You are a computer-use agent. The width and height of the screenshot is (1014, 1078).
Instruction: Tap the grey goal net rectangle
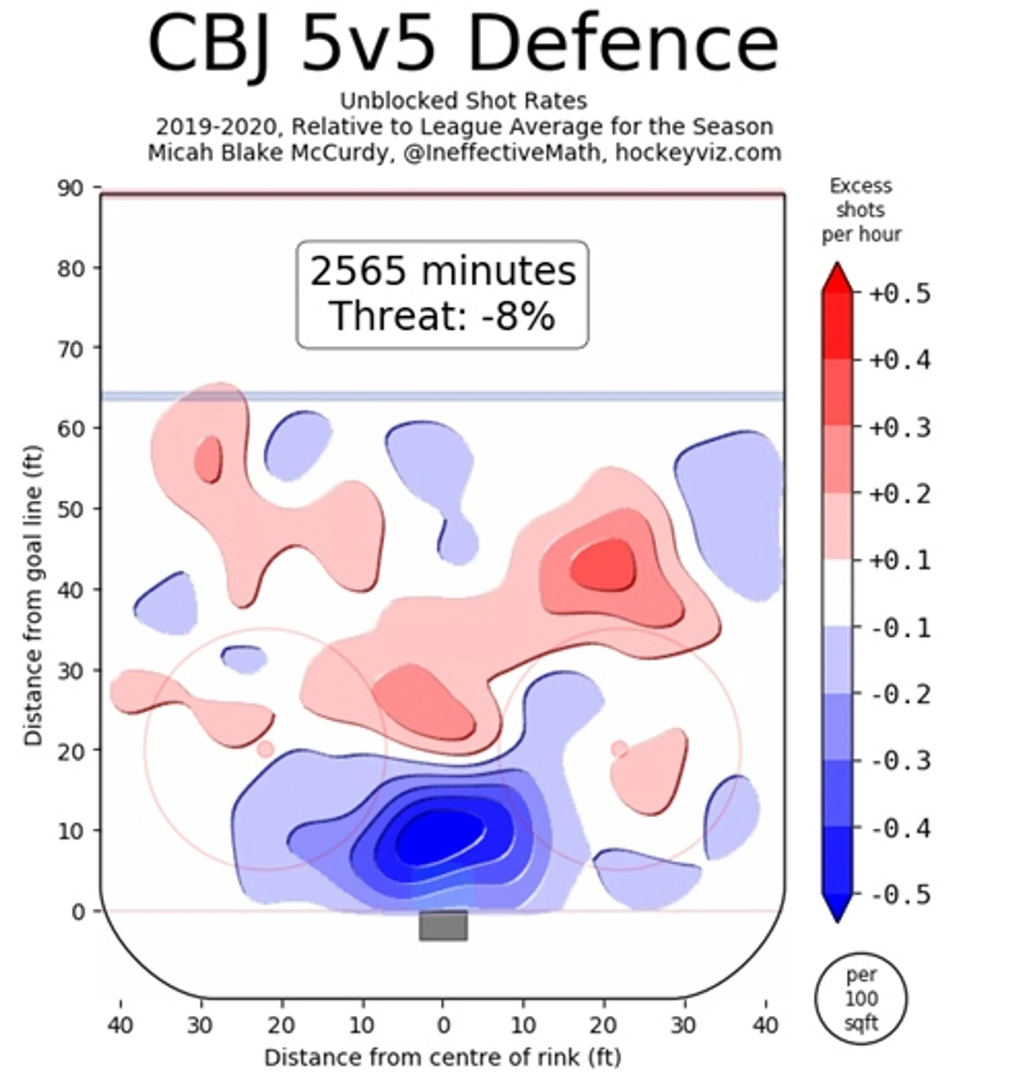click(x=443, y=926)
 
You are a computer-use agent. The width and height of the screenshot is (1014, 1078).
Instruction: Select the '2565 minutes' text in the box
click(x=442, y=271)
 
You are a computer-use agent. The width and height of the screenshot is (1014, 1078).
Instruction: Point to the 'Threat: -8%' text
click(x=442, y=316)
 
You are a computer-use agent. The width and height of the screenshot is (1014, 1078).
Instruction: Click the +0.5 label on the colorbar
click(x=900, y=294)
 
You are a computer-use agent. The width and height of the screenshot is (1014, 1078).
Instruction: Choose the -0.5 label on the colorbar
click(x=900, y=895)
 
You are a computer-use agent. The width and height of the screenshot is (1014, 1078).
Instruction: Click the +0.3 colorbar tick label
click(x=900, y=427)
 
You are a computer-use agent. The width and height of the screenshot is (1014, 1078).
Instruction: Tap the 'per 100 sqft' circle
click(x=861, y=999)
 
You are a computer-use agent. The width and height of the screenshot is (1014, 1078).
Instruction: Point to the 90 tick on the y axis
click(x=70, y=188)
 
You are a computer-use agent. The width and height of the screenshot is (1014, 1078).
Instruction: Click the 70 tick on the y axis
click(x=70, y=349)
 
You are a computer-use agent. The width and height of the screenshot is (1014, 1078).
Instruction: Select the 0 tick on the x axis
click(x=443, y=1025)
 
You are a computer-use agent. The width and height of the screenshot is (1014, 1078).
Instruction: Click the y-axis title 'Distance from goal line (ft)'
click(x=33, y=595)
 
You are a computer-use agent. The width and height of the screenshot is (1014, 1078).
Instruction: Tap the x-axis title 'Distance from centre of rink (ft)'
click(x=443, y=1057)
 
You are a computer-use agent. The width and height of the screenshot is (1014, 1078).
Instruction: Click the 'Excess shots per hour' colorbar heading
click(x=861, y=210)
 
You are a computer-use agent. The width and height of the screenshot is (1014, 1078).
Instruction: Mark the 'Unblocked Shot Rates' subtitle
click(x=463, y=101)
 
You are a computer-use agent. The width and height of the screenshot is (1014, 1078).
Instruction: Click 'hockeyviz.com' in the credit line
click(x=698, y=152)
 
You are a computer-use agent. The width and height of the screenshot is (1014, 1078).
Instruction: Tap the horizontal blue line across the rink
click(x=443, y=396)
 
